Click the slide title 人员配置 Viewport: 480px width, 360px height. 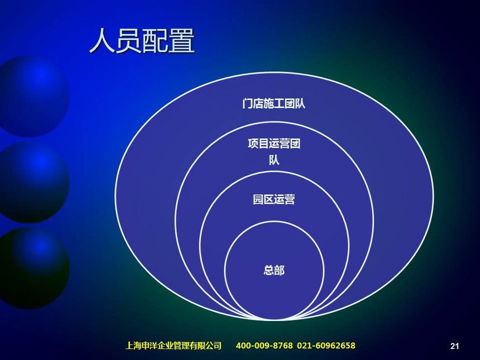click(142, 41)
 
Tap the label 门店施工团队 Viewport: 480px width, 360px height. click(273, 103)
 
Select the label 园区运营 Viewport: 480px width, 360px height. click(274, 199)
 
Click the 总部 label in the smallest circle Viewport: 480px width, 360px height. click(274, 270)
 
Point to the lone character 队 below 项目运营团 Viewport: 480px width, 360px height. click(274, 160)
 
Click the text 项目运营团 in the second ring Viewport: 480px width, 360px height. click(274, 143)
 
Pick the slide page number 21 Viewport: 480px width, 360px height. click(454, 346)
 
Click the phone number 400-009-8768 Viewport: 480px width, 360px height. click(264, 345)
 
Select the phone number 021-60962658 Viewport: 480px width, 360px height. click(326, 345)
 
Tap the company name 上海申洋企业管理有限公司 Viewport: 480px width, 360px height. click(174, 345)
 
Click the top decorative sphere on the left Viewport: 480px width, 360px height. click(32, 95)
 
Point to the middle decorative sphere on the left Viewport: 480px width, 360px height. click(33, 182)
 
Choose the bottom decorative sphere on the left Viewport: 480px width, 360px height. click(33, 268)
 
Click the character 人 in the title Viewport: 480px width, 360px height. click(102, 41)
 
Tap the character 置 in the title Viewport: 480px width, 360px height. click(182, 41)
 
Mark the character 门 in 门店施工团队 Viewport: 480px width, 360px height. click(247, 103)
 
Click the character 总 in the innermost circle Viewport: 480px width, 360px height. click(269, 270)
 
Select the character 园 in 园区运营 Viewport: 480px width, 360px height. click(258, 199)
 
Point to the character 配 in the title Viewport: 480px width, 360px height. click(155, 41)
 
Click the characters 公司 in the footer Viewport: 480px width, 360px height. click(213, 345)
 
